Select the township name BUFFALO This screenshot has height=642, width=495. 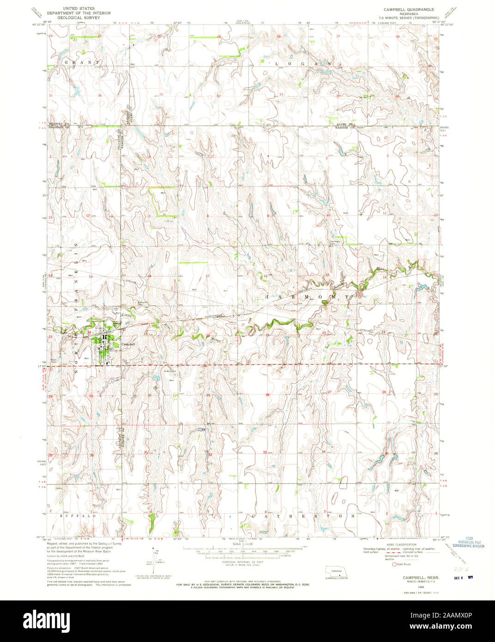click(79, 516)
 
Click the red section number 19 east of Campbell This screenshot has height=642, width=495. click(146, 333)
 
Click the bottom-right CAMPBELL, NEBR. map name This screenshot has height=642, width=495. click(420, 578)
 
